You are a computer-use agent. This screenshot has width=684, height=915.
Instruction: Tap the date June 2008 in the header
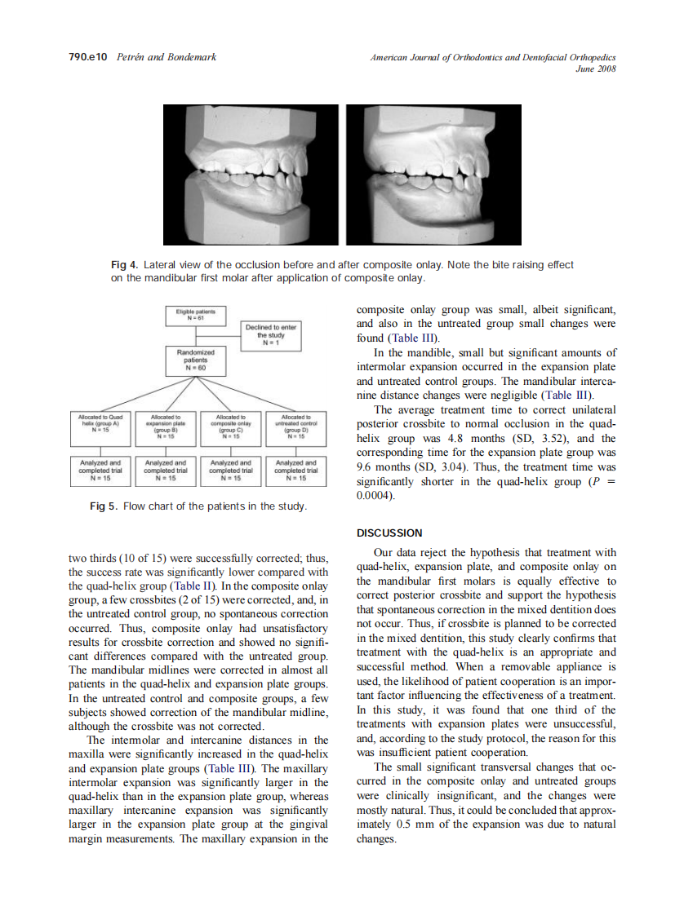(595, 69)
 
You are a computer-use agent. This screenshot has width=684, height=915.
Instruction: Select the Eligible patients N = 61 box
(195, 315)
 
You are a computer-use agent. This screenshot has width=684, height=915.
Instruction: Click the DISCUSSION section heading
(389, 533)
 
